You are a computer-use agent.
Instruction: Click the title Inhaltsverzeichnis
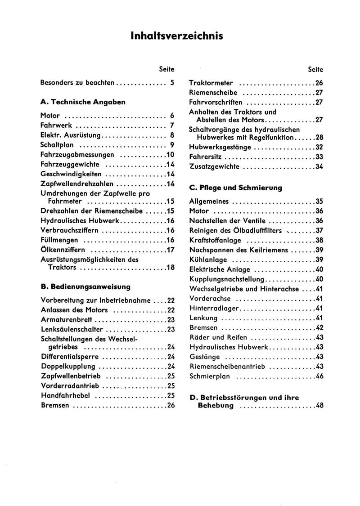pyautogui.click(x=177, y=36)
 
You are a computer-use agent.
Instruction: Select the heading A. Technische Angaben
pyautogui.click(x=83, y=102)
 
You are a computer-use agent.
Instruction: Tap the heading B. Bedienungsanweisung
pyautogui.click(x=85, y=287)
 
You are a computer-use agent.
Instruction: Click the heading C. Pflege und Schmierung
pyautogui.click(x=236, y=188)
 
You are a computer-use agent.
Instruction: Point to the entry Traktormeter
pyautogui.click(x=211, y=83)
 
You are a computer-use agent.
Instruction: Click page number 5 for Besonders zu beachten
pyautogui.click(x=172, y=83)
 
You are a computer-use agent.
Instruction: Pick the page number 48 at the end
pyautogui.click(x=319, y=406)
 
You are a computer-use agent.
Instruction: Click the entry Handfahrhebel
pyautogui.click(x=66, y=396)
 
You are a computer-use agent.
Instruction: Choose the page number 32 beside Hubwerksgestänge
pyautogui.click(x=319, y=147)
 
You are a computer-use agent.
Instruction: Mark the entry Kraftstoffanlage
pyautogui.click(x=216, y=240)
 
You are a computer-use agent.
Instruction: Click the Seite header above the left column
pyautogui.click(x=166, y=69)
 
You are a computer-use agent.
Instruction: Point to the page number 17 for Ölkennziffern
pyautogui.click(x=170, y=250)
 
